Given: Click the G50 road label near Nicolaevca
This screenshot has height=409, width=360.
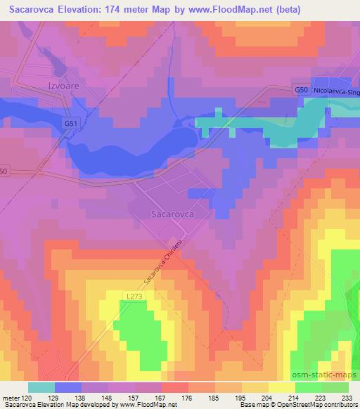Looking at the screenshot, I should pos(300,90).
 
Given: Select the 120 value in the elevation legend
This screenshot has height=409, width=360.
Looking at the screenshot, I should pos(27,398).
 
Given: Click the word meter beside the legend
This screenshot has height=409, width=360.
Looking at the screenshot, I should pos(11,398).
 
